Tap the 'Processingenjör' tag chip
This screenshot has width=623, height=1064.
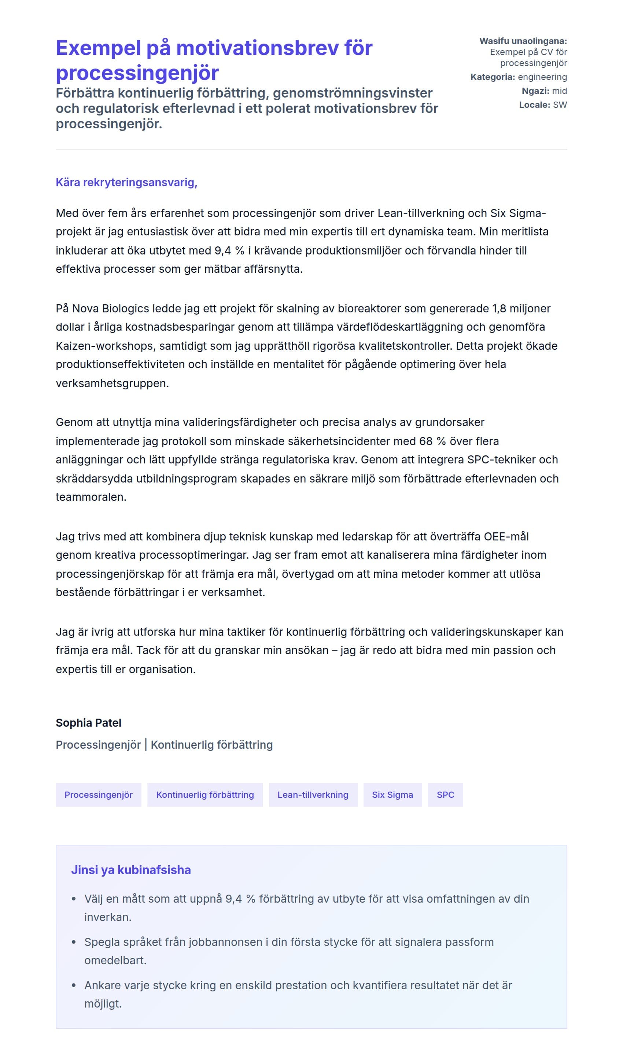coord(98,795)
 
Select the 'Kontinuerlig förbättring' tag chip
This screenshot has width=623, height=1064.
coord(205,795)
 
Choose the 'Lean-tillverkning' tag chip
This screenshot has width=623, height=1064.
coord(313,795)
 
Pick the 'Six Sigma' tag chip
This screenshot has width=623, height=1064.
coord(392,795)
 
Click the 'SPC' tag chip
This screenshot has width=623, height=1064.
coord(445,795)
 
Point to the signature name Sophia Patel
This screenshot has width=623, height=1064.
coord(88,723)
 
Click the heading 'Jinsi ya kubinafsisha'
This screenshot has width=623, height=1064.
coord(131,870)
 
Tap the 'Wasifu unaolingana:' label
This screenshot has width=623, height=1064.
coord(523,41)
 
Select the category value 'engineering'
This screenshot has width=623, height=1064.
coord(542,77)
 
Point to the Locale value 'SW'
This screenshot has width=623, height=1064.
coord(560,105)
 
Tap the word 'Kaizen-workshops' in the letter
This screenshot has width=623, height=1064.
coord(105,346)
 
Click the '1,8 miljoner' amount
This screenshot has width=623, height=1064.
coord(521,308)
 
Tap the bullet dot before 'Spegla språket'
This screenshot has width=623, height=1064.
coord(74,942)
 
